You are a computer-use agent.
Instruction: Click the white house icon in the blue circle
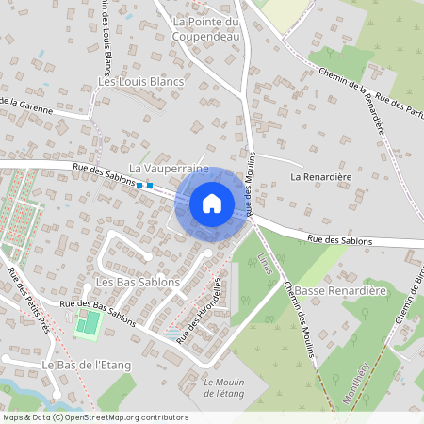212,203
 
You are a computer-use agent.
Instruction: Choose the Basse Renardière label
341,291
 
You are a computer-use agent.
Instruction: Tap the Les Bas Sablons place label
138,283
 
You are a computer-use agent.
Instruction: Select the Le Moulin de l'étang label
222,386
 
